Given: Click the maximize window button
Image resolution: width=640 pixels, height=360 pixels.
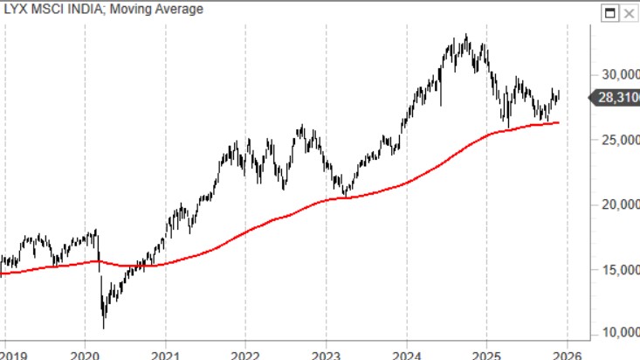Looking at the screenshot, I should click(612, 11).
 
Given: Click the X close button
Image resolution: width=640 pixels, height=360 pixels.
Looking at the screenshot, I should click(630, 11).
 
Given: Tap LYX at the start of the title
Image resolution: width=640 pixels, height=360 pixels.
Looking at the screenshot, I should click(17, 10).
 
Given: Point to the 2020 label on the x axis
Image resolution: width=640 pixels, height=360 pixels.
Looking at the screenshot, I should click(85, 354).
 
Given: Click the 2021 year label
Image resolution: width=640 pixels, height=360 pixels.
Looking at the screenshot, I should click(165, 354).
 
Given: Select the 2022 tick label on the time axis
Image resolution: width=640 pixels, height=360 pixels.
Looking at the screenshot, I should click(245, 354).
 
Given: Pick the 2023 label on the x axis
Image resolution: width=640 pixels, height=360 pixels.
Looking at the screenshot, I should click(326, 354).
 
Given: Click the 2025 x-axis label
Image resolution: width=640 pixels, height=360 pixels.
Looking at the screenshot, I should click(487, 354).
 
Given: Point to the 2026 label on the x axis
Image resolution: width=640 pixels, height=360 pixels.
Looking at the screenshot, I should click(568, 354).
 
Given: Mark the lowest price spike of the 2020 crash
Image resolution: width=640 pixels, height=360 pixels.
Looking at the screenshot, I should click(104, 328).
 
